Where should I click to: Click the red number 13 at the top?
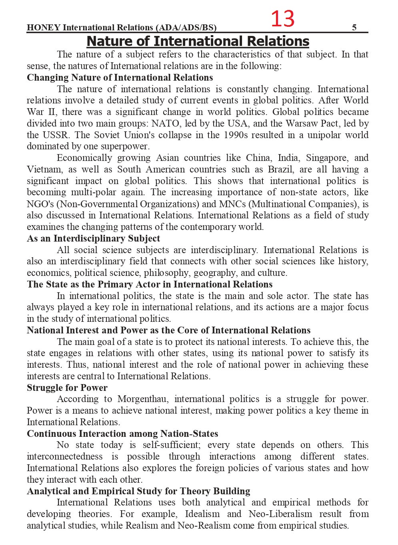pos(282,19)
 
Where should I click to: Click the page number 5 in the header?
pos(354,27)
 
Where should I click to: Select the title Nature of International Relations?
pos(198,41)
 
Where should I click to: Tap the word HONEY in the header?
pos(44,27)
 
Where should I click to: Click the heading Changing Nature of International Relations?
pos(120,77)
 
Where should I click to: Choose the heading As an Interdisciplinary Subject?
pos(93,238)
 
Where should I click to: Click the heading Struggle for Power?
pos(67,388)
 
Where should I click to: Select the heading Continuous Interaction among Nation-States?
pos(122,434)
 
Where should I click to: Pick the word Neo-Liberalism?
pos(280,514)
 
